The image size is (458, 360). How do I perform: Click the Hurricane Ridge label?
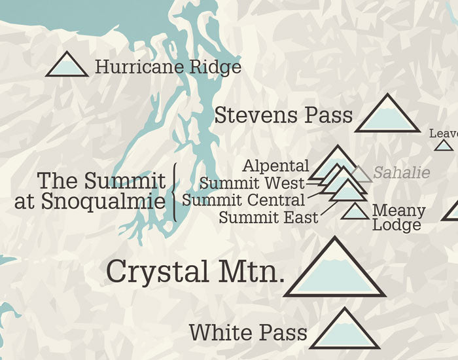coord(168,67)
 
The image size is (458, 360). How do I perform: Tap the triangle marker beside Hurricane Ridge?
coord(67,65)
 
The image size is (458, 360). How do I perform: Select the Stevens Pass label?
coord(283,116)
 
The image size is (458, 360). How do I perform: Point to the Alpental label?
coord(275,166)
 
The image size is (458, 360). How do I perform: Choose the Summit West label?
coord(252,183)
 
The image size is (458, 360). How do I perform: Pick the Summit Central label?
coord(243,200)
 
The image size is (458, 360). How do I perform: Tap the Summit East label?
coord(268,217)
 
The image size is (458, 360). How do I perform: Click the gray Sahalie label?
coord(402,173)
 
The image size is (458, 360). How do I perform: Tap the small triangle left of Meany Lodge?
coord(355,212)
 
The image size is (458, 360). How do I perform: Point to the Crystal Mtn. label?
coord(195,271)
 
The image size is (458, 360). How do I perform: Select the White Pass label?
coord(248,332)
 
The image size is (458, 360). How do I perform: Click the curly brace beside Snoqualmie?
coord(175,191)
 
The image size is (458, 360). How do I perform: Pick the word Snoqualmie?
coord(103,202)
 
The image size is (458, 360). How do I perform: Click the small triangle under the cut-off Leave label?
coord(444,145)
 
